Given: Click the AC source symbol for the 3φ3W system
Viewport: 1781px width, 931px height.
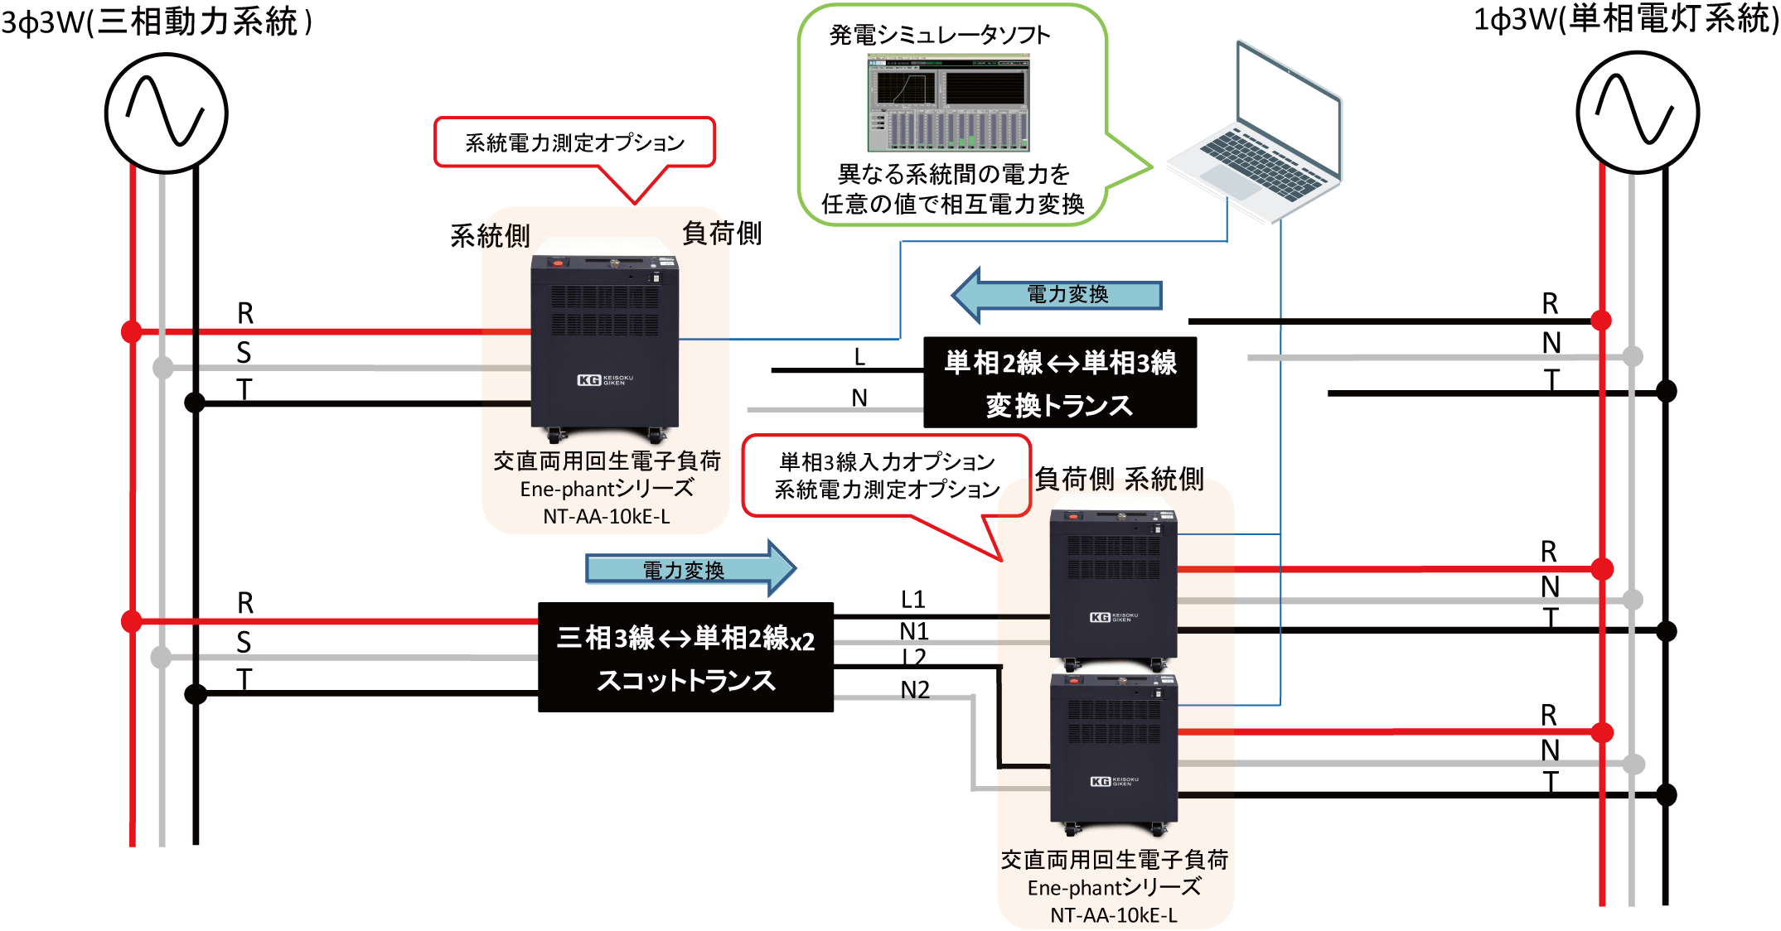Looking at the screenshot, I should (166, 113).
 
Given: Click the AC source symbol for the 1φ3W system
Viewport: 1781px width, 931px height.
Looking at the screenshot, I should (1637, 112).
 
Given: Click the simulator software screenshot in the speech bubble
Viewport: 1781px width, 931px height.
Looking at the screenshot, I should (949, 103).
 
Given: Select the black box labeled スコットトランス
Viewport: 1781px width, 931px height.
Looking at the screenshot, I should (685, 657).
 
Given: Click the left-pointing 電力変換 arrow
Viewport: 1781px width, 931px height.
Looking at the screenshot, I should (1057, 295).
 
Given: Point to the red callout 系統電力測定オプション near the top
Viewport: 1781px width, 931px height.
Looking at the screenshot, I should (574, 142).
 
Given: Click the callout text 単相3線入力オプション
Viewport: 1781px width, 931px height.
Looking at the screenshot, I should (887, 461).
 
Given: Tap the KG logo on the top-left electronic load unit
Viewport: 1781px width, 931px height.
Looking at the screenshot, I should (589, 380).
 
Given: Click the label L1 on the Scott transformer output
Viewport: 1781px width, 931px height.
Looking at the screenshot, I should (912, 599).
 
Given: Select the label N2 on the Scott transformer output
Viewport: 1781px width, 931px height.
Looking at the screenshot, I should (915, 690).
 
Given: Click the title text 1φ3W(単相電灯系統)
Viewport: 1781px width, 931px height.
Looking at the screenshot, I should (1624, 19).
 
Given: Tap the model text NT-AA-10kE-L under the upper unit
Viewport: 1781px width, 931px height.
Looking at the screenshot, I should (606, 517).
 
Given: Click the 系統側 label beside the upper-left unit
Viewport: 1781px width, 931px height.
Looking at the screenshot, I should (489, 236).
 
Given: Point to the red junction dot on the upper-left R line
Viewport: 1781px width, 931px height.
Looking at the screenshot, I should (131, 331).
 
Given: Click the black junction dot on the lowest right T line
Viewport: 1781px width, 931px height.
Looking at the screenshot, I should (1666, 795).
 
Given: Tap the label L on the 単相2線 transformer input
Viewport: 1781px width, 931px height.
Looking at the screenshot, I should (859, 357).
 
